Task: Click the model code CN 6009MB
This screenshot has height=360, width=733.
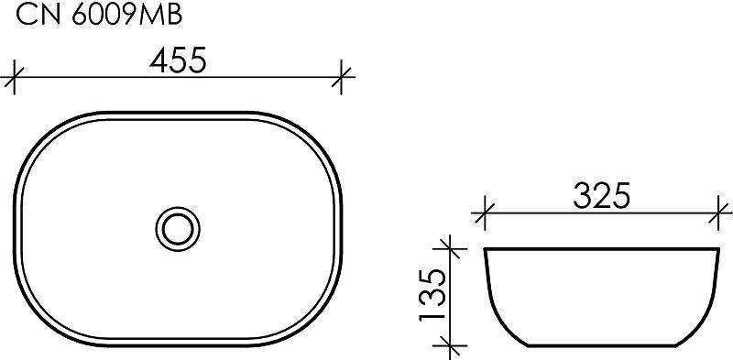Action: pos(99,16)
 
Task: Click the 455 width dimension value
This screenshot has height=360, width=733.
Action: pos(178,60)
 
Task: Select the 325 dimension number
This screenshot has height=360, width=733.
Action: pos(602,196)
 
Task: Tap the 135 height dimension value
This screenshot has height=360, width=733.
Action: pos(432,296)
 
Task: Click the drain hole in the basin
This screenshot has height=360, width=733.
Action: pos(178,228)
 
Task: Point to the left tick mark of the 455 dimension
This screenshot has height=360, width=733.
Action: pos(14,77)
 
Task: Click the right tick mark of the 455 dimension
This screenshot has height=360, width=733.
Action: pos(342,77)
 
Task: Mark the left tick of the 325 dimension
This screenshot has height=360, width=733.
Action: pos(485,213)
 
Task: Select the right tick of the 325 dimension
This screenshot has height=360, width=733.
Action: pos(719,213)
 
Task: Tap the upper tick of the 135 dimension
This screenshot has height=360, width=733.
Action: pos(449,249)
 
